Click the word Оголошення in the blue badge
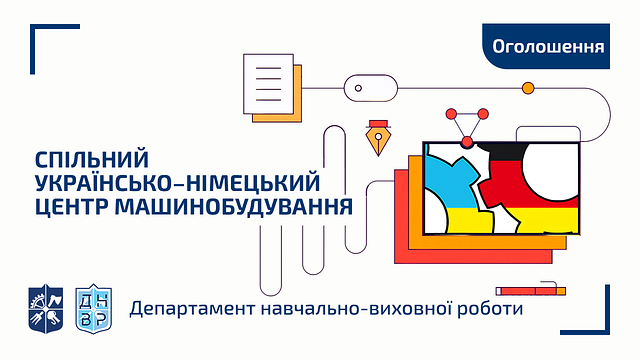[548, 47]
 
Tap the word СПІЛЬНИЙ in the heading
[92, 160]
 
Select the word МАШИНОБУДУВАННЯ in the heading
[234, 207]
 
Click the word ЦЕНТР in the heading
[72, 207]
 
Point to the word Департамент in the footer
[191, 309]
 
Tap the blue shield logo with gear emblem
[46, 309]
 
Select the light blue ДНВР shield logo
[93, 309]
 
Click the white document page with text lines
[268, 84]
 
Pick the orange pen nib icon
[378, 138]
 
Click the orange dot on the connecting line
[528, 88]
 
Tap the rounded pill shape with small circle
[371, 88]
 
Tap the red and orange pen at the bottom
[531, 291]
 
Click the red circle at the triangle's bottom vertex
[467, 142]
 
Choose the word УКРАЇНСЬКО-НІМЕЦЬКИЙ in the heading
[178, 183]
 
